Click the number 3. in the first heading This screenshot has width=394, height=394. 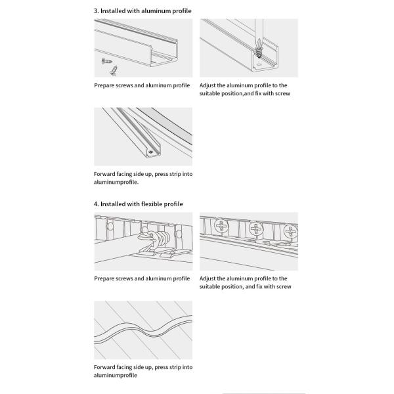coord(97,11)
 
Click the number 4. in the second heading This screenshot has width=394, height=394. coord(97,204)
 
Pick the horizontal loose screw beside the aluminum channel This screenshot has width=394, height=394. coord(106,60)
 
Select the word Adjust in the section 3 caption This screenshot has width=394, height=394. coord(208,85)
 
